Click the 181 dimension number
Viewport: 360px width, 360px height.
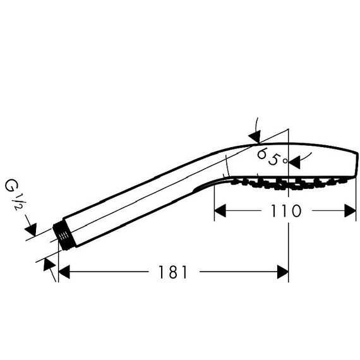click(x=173, y=272)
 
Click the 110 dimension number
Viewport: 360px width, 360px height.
click(x=286, y=211)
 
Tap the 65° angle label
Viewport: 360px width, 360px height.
click(x=272, y=157)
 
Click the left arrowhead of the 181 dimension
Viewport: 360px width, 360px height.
click(x=64, y=272)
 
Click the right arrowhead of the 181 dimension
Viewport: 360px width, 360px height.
click(x=282, y=272)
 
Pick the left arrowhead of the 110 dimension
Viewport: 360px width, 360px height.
click(x=220, y=210)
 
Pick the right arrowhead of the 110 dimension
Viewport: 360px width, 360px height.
click(x=350, y=210)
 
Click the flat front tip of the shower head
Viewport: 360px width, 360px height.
click(x=357, y=165)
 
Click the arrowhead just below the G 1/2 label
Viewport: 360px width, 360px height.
click(x=31, y=230)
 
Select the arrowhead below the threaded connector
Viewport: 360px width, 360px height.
click(x=49, y=264)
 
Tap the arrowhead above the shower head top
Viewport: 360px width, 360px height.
click(x=255, y=136)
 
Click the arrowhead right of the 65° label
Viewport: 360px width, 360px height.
click(x=294, y=162)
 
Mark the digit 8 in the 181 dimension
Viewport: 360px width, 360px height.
click(x=173, y=272)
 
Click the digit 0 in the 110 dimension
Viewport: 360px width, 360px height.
click(x=296, y=211)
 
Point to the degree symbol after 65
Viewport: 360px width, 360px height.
click(x=285, y=161)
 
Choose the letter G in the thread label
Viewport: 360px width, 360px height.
click(x=11, y=185)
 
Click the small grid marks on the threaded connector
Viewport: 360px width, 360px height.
click(x=63, y=236)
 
